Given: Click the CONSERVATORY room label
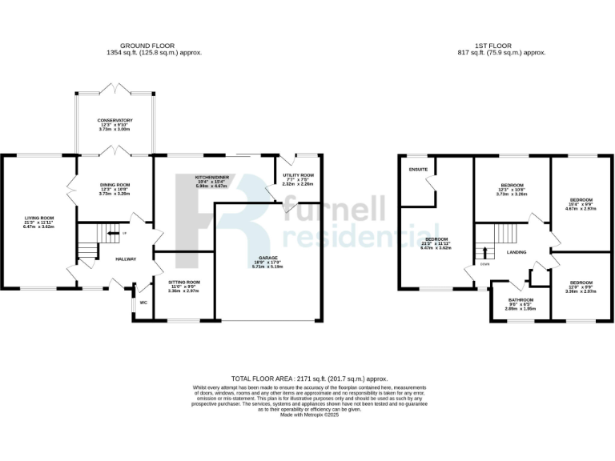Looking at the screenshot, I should (115, 121).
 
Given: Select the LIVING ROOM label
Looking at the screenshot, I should (38, 218).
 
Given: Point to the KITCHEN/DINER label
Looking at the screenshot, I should (214, 177).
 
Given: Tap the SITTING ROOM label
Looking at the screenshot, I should (184, 283).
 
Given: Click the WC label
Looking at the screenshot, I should (143, 303).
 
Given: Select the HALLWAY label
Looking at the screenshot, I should (127, 259).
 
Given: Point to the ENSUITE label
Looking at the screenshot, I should (418, 170).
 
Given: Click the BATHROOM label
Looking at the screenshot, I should (520, 300).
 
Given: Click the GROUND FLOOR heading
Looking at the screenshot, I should (153, 46).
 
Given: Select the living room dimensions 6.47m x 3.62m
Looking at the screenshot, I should (38, 227).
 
